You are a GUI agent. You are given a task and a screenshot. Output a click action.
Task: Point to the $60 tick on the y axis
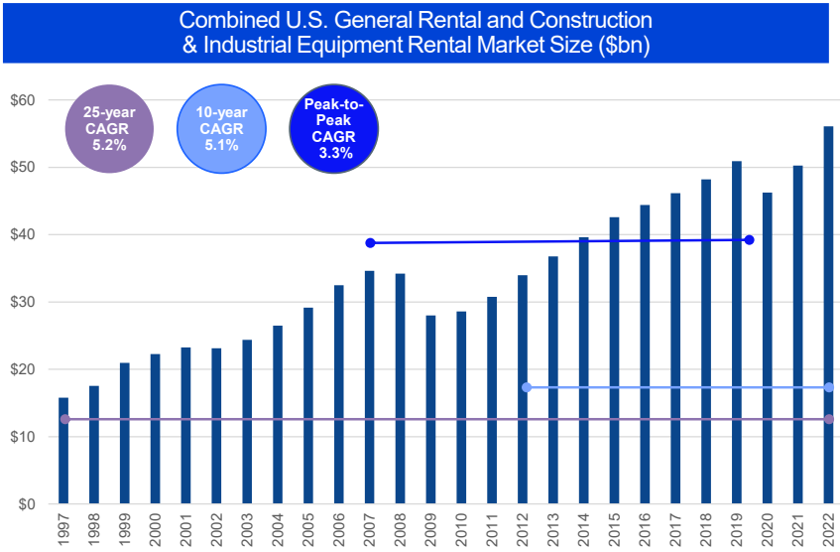[x=23, y=100]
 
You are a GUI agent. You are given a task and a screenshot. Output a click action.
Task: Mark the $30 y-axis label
[x=23, y=302]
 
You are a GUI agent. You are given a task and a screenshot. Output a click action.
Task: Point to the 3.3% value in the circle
[x=334, y=153]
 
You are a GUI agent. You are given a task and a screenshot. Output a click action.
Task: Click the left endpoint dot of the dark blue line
[x=370, y=243]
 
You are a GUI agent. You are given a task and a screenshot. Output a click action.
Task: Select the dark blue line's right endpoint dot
[x=749, y=240]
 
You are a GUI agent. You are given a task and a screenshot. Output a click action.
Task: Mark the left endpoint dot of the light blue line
[x=526, y=387]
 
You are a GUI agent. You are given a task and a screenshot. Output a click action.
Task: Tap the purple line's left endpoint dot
[x=64, y=419]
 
